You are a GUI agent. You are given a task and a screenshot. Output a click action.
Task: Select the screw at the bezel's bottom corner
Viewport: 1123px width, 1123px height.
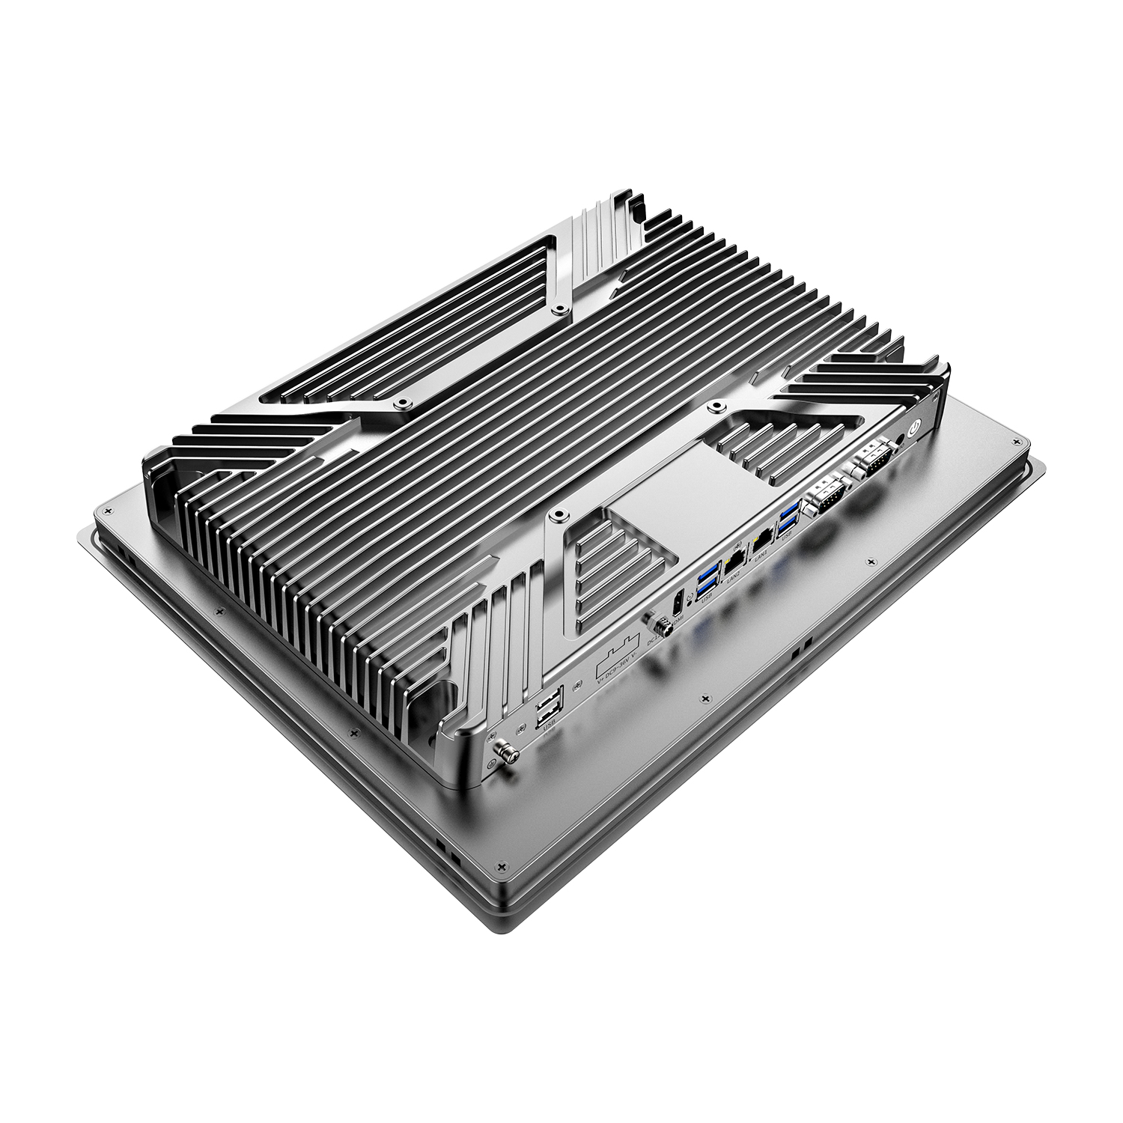click(500, 866)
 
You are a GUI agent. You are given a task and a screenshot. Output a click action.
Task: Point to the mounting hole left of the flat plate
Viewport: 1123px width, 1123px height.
click(558, 515)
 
